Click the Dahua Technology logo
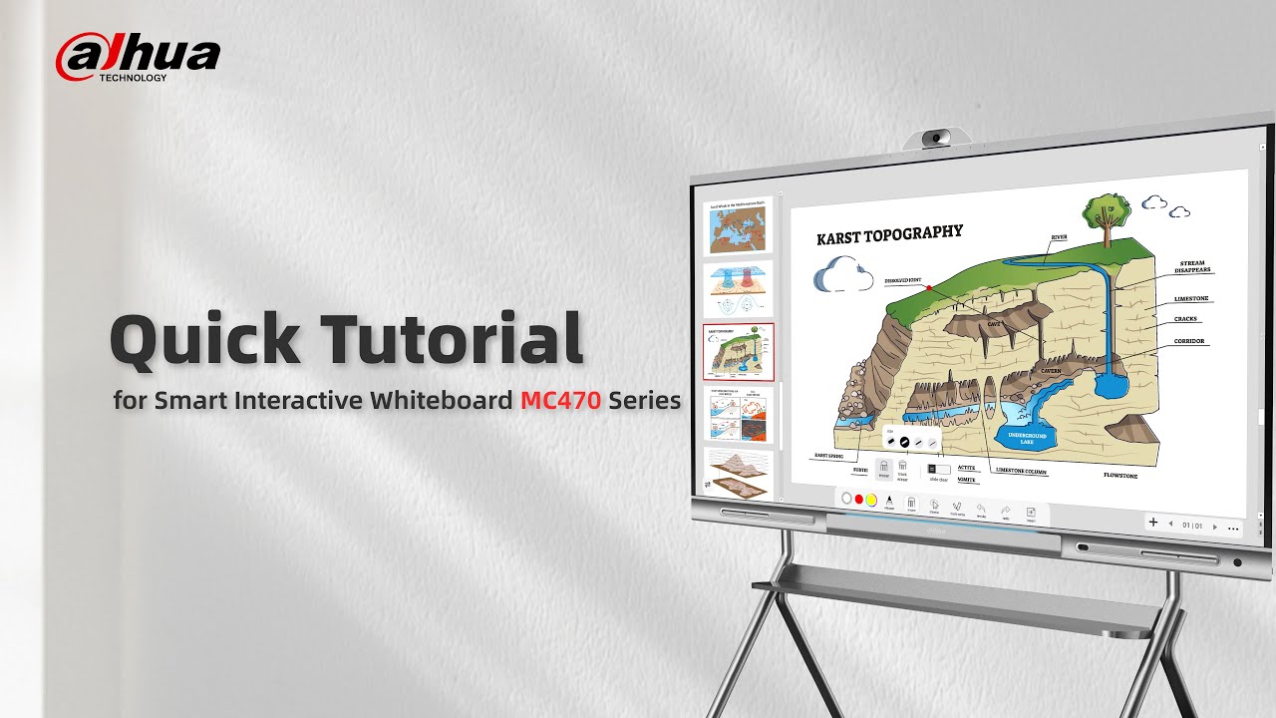pos(138,59)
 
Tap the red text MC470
pos(560,401)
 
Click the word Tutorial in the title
pos(451,339)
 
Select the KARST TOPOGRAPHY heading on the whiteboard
pos(889,234)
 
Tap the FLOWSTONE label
pos(1119,476)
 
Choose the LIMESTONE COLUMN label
pos(1026,470)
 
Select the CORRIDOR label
pos(1189,341)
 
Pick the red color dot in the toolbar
pos(859,499)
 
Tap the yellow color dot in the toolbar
pos(870,499)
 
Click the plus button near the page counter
pos(1153,523)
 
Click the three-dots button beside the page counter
pos(1234,528)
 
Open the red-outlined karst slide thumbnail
pos(739,352)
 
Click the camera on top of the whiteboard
pos(935,137)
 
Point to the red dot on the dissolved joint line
pos(929,287)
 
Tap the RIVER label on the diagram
pos(1059,237)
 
